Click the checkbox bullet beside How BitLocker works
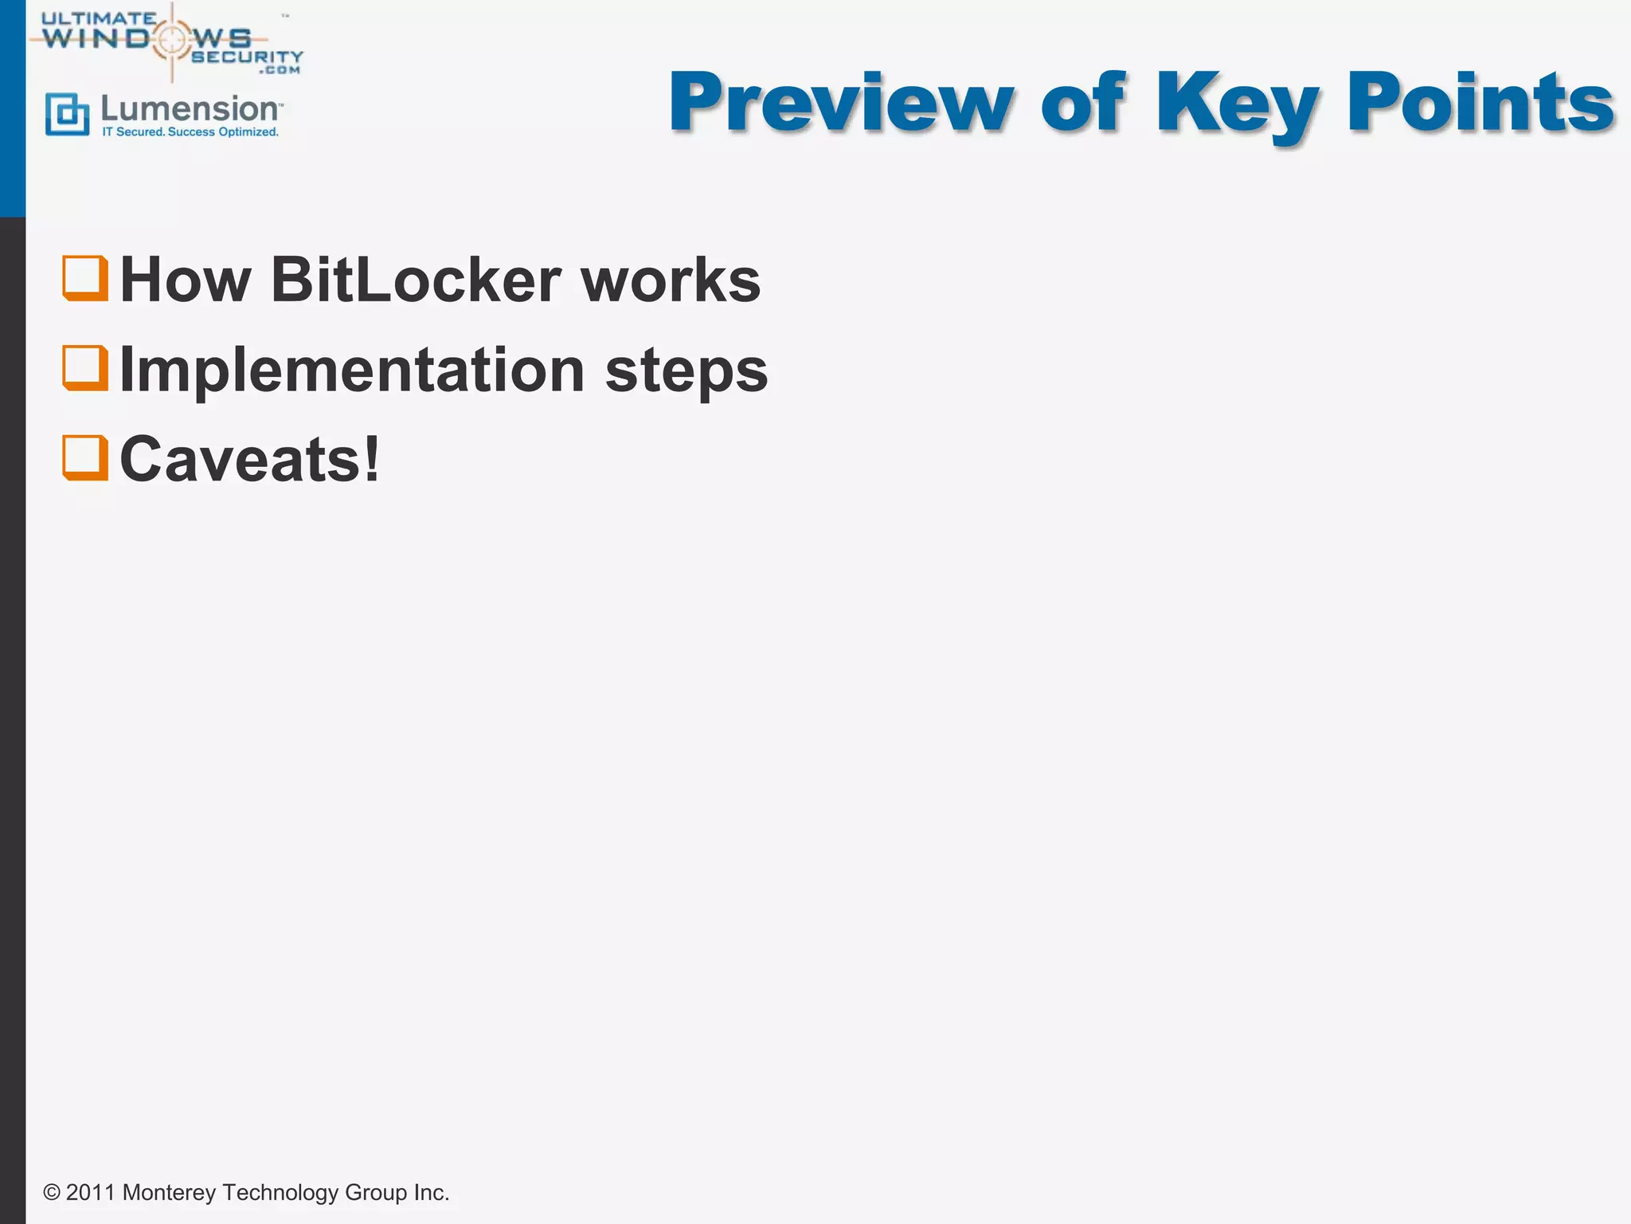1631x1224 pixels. pyautogui.click(x=85, y=278)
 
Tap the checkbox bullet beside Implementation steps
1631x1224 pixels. pyautogui.click(x=85, y=367)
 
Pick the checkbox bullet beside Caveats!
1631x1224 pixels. pyautogui.click(x=85, y=457)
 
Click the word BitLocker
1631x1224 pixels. pyautogui.click(x=416, y=280)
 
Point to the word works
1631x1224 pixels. pyautogui.click(x=671, y=280)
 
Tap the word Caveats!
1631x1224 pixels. pyautogui.click(x=249, y=460)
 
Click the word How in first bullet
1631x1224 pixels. pyautogui.click(x=185, y=280)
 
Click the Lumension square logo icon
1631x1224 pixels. pyautogui.click(x=68, y=114)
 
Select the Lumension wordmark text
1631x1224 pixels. pyautogui.click(x=190, y=109)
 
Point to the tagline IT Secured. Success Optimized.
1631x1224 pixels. pyautogui.click(x=190, y=132)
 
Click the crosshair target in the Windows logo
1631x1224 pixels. pyautogui.click(x=172, y=38)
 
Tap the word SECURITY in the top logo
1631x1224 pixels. pyautogui.click(x=247, y=57)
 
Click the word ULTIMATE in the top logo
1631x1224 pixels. pyautogui.click(x=99, y=18)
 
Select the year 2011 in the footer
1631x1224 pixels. pyautogui.click(x=90, y=1192)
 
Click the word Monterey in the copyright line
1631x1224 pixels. pyautogui.click(x=169, y=1192)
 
